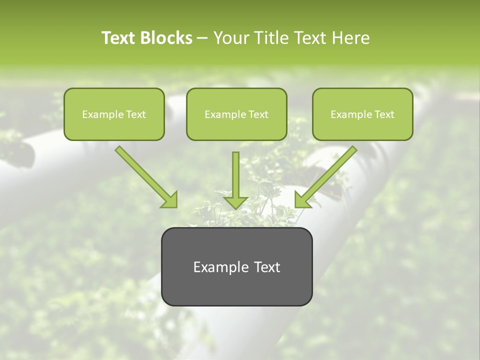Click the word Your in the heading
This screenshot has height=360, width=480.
(x=230, y=38)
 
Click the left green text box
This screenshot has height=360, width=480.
(x=114, y=114)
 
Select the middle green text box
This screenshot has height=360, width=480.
(x=236, y=114)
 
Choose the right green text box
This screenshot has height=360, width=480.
(x=362, y=114)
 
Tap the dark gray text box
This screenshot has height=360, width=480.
(x=236, y=266)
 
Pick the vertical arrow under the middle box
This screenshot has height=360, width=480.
(x=235, y=175)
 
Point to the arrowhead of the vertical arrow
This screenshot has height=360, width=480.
(x=235, y=202)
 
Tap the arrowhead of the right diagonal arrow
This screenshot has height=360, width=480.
(x=302, y=200)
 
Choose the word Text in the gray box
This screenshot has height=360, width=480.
(x=267, y=267)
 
